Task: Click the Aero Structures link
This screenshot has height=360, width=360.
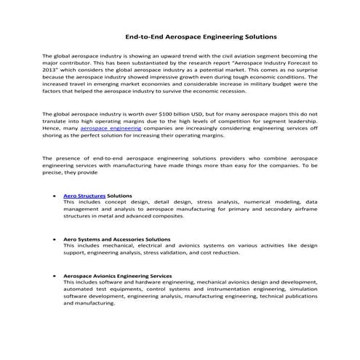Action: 84,196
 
